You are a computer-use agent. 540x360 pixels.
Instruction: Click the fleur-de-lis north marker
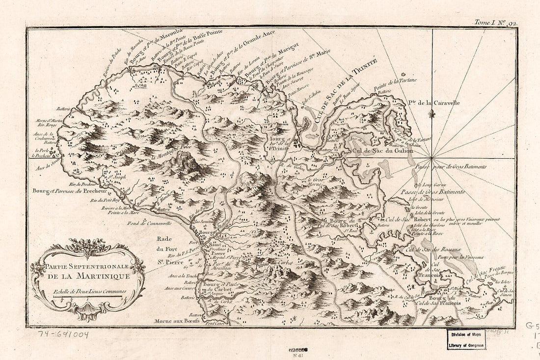[x=432, y=114]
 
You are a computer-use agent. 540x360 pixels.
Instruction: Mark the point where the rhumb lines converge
[x=432, y=158]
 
